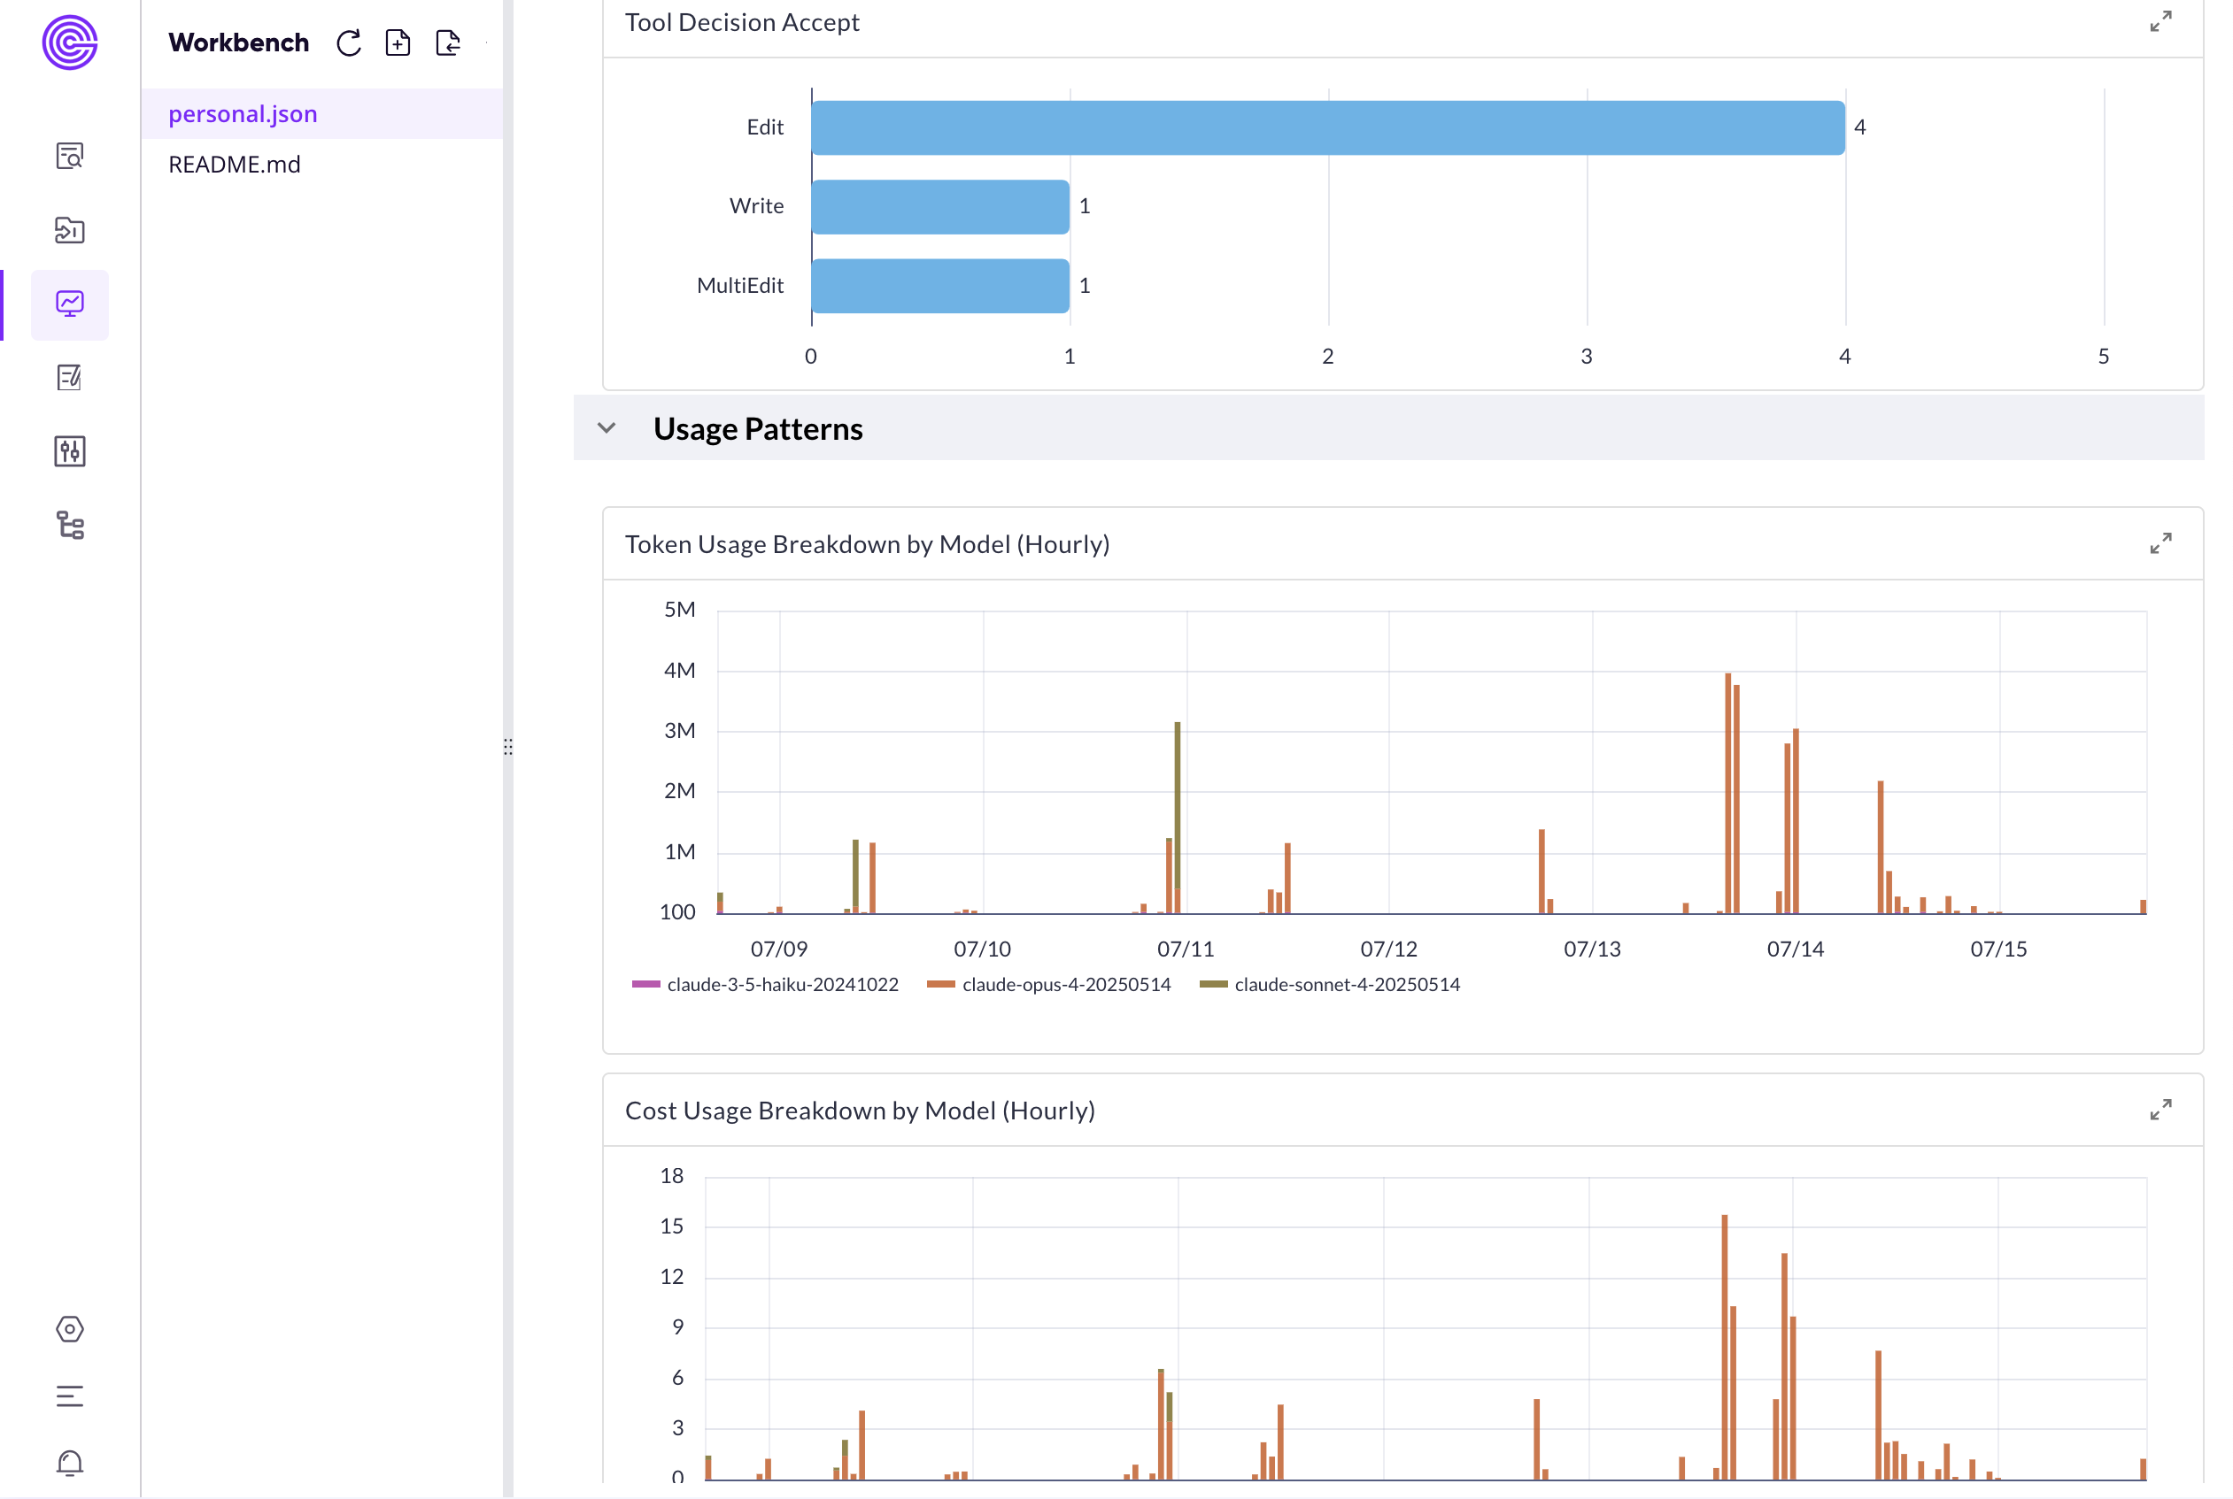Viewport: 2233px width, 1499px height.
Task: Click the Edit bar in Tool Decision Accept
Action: [x=1327, y=127]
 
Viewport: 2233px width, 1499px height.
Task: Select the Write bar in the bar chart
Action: [x=940, y=206]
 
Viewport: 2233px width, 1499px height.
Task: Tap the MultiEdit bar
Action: [x=940, y=286]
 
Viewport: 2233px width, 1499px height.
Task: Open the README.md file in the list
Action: [x=235, y=165]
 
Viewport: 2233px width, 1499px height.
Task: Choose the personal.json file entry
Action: [x=243, y=114]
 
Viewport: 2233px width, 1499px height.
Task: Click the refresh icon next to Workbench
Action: [x=349, y=43]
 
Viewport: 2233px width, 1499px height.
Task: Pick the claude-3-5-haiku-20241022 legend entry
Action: [x=765, y=985]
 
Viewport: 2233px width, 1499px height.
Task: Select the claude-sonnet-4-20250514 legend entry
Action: [x=1330, y=985]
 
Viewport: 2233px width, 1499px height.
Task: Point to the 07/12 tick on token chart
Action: [x=1388, y=949]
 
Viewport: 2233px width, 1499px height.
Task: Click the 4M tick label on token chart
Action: [x=679, y=671]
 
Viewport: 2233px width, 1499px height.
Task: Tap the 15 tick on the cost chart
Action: [x=671, y=1226]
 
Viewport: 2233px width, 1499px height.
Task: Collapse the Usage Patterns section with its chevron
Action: [x=607, y=428]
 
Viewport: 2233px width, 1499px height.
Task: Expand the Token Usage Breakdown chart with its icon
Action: [x=2160, y=544]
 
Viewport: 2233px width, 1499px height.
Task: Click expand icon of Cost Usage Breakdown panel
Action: [x=2160, y=1110]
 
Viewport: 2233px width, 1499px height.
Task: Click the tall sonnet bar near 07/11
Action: [x=1178, y=803]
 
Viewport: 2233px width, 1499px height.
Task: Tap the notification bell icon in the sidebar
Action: [x=70, y=1463]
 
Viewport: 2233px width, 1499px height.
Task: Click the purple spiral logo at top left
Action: [x=70, y=43]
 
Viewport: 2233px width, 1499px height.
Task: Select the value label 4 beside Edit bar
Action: [x=1860, y=127]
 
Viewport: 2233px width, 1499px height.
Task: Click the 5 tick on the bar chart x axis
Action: [x=2104, y=357]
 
